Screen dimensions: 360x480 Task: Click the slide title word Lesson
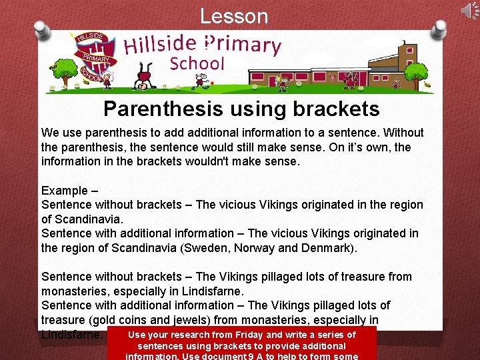pyautogui.click(x=234, y=16)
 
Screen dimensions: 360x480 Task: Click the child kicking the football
pyautogui.click(x=201, y=82)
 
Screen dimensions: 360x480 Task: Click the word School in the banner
pyautogui.click(x=197, y=64)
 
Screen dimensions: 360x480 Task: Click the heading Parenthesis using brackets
pyautogui.click(x=241, y=109)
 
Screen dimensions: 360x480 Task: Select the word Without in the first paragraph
pyautogui.click(x=402, y=133)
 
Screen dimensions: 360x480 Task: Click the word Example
pyautogui.click(x=65, y=191)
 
